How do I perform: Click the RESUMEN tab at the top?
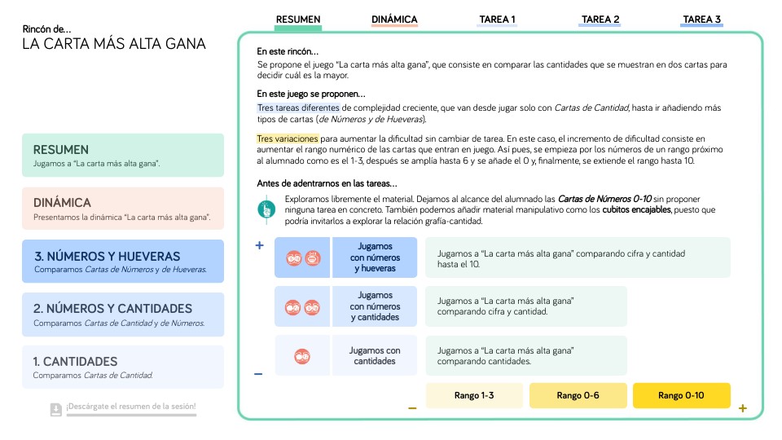(298, 20)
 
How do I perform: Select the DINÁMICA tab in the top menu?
(394, 20)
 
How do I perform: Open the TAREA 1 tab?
(497, 20)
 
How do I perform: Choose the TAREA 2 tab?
(600, 20)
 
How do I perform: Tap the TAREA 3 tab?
(701, 20)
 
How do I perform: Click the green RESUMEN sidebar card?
(123, 155)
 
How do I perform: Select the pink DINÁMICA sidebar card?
(123, 208)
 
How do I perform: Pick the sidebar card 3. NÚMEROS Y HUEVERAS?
(123, 261)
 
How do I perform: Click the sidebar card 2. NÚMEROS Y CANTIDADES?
(123, 314)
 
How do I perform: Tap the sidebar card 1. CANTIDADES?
(123, 367)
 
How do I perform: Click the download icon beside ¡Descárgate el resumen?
(55, 408)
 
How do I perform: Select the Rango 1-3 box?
(474, 395)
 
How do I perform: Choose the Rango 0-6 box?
(578, 395)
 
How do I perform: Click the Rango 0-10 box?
(682, 395)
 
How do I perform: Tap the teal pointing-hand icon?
(266, 209)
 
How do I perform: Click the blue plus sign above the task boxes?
(259, 245)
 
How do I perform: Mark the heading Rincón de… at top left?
(46, 29)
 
